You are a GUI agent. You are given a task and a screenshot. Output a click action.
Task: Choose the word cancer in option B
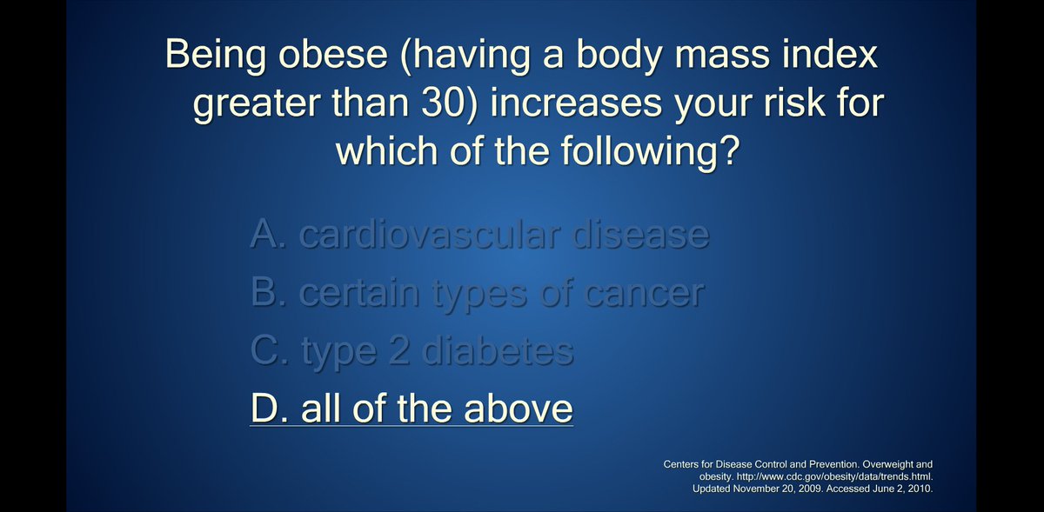[644, 293]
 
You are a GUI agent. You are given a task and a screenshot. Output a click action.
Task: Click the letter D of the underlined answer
[262, 409]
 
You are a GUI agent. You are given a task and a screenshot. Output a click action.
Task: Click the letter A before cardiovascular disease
[263, 235]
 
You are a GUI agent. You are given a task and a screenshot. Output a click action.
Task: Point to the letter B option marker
[263, 293]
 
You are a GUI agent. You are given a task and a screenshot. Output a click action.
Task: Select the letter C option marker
[263, 351]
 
